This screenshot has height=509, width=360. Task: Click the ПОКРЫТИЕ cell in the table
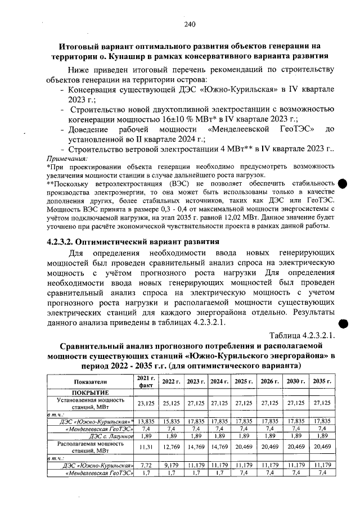[x=89, y=392]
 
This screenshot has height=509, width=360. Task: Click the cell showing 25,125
[x=169, y=403]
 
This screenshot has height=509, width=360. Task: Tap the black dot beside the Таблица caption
[x=344, y=323]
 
